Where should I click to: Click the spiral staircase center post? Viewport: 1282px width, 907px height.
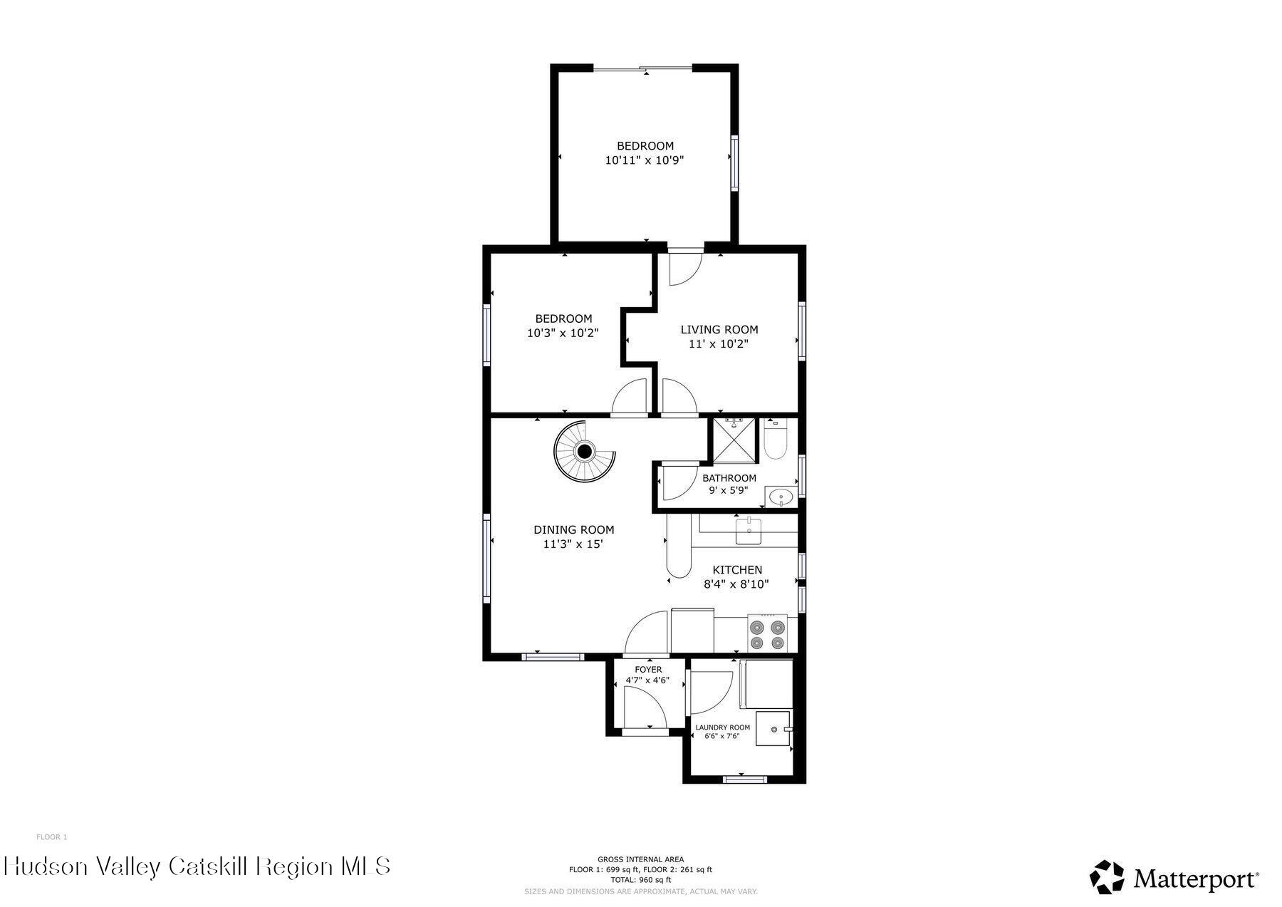[x=585, y=451]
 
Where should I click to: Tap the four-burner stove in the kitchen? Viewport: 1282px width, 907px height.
[x=768, y=635]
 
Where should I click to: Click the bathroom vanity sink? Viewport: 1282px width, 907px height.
[x=781, y=497]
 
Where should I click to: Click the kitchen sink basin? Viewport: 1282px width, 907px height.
[x=749, y=531]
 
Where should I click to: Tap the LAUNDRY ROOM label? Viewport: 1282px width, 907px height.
[x=722, y=727]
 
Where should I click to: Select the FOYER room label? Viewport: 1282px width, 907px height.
[x=648, y=670]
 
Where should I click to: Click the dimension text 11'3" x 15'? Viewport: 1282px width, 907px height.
[x=573, y=544]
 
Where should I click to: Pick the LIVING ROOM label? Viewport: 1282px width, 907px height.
[x=719, y=330]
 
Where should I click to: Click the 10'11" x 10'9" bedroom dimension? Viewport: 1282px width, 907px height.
[x=645, y=161]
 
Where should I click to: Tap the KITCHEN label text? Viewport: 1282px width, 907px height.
[x=738, y=570]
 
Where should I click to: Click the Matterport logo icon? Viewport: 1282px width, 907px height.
[x=1107, y=877]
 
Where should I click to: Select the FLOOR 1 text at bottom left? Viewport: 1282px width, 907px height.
[x=51, y=837]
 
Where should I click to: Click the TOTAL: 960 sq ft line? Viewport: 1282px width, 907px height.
[x=640, y=880]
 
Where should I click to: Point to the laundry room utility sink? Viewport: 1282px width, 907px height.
[x=773, y=728]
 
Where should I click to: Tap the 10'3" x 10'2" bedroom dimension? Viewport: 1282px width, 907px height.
[x=563, y=333]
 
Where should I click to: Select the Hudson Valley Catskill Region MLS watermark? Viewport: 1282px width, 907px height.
[x=197, y=866]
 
